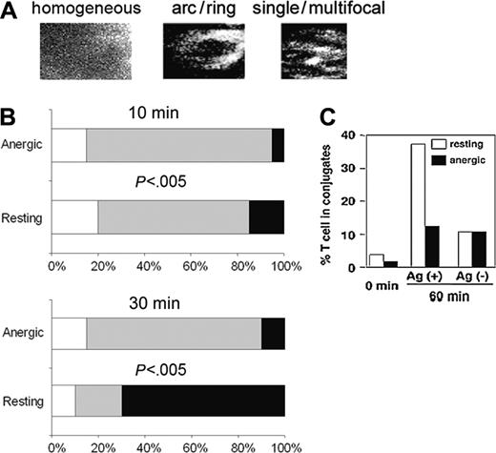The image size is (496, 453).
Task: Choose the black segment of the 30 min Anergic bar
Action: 273,340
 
